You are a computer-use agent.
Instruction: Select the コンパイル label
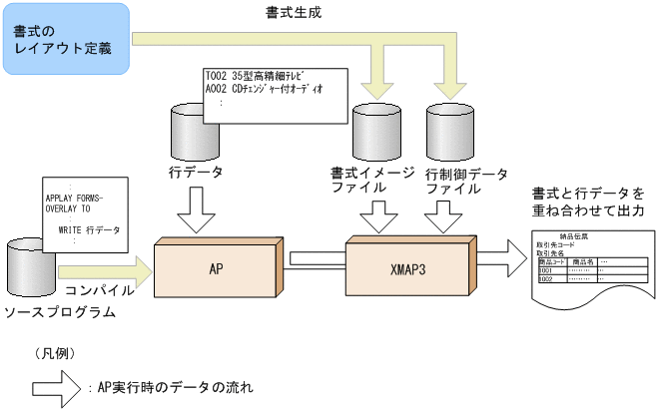[x=99, y=291]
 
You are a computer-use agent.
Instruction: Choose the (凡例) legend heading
[x=55, y=353]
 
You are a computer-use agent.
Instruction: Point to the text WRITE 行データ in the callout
[x=89, y=229]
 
